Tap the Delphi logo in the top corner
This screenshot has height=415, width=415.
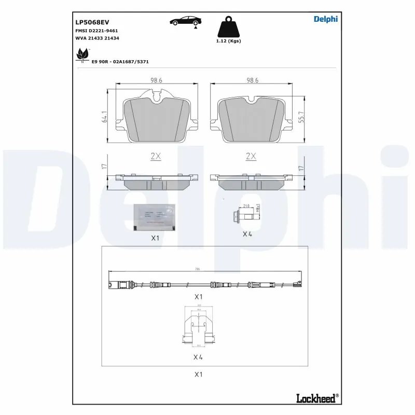tap(325, 19)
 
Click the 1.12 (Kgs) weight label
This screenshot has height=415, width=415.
tap(229, 40)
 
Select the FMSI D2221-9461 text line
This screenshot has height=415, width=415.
tap(96, 31)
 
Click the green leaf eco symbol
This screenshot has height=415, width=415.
tap(82, 54)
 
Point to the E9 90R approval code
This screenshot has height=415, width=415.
tap(120, 61)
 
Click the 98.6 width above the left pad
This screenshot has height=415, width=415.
tap(156, 80)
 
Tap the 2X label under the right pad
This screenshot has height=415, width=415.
tap(251, 156)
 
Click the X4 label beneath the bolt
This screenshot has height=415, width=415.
tap(247, 234)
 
